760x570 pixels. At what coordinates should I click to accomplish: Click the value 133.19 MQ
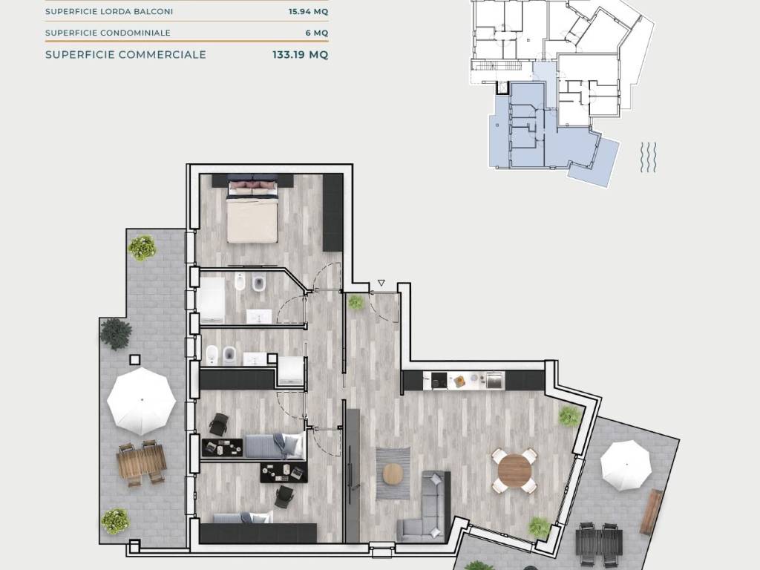[x=300, y=55]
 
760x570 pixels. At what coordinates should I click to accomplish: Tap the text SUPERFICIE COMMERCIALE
[x=125, y=55]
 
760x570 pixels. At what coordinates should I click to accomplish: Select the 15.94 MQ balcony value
[x=308, y=12]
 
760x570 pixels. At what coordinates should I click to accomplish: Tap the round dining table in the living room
[x=515, y=470]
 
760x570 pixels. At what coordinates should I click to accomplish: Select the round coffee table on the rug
[x=393, y=474]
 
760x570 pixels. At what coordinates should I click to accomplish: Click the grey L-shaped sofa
[x=425, y=506]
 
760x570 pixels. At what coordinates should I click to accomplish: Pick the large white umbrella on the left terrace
[x=141, y=401]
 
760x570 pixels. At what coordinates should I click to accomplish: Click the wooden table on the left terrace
[x=142, y=462]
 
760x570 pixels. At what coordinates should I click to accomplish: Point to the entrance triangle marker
[x=381, y=283]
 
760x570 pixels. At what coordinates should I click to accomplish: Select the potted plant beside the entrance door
[x=356, y=303]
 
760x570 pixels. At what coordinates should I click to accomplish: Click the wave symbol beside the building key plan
[x=648, y=157]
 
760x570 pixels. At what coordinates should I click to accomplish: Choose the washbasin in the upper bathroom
[x=259, y=317]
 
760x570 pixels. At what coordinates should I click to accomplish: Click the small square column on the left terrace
[x=135, y=360]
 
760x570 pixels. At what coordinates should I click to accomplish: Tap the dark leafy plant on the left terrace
[x=116, y=333]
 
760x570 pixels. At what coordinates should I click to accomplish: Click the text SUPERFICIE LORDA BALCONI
[x=109, y=12]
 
